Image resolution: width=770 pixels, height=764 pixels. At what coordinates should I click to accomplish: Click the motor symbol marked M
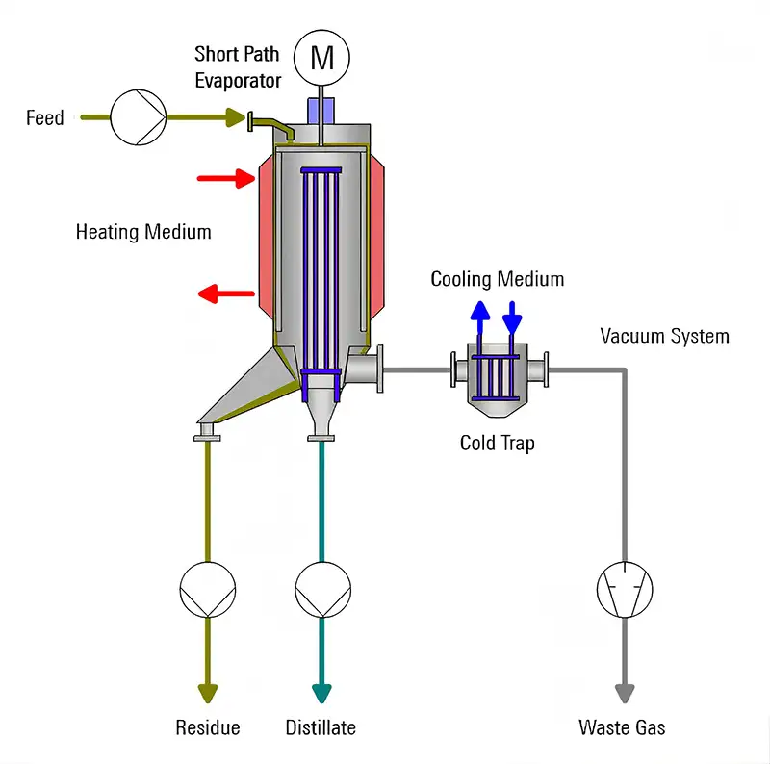[321, 59]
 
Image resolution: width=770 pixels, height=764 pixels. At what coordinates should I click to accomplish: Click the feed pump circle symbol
[138, 117]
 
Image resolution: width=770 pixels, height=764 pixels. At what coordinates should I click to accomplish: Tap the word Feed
[44, 118]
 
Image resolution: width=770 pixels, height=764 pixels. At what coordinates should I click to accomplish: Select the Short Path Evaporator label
[238, 66]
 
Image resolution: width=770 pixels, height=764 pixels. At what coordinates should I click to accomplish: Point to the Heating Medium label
[143, 232]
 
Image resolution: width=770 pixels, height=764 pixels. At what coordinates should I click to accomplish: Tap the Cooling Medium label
[497, 280]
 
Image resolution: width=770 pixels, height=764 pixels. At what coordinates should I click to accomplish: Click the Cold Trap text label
[497, 444]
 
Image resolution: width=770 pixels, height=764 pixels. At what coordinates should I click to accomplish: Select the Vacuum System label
[664, 336]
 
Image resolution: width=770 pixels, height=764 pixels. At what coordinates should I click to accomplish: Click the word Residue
[207, 727]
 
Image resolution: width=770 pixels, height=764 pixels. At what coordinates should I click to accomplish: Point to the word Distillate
[321, 727]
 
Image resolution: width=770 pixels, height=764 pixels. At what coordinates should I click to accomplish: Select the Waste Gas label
[622, 727]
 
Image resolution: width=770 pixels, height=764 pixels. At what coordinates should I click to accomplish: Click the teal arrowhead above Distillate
[321, 693]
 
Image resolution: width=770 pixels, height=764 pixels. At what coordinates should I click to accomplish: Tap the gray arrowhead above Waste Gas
[625, 693]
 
